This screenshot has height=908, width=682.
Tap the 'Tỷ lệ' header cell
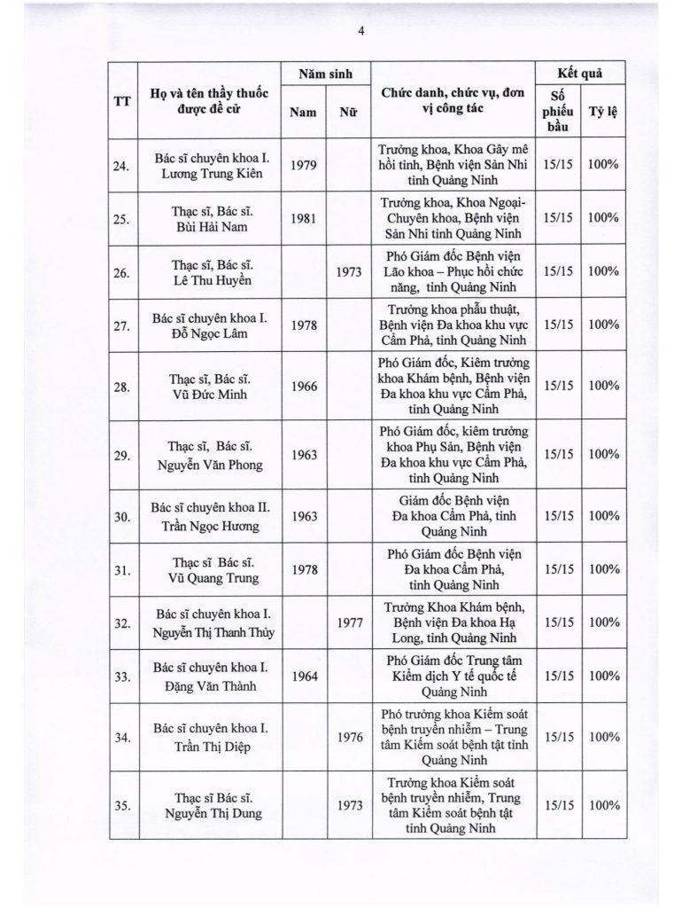604,113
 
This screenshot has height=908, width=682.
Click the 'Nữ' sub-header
348,113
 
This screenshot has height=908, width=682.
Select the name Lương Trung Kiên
210,173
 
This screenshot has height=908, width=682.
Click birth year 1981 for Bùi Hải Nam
305,218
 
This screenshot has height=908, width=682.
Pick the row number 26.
123,272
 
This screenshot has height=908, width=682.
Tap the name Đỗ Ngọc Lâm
210,333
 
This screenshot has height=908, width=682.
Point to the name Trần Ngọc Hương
210,524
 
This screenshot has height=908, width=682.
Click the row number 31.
123,569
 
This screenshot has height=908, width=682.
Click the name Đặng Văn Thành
210,685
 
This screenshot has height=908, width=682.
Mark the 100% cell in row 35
604,806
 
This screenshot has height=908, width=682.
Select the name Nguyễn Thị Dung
210,814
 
